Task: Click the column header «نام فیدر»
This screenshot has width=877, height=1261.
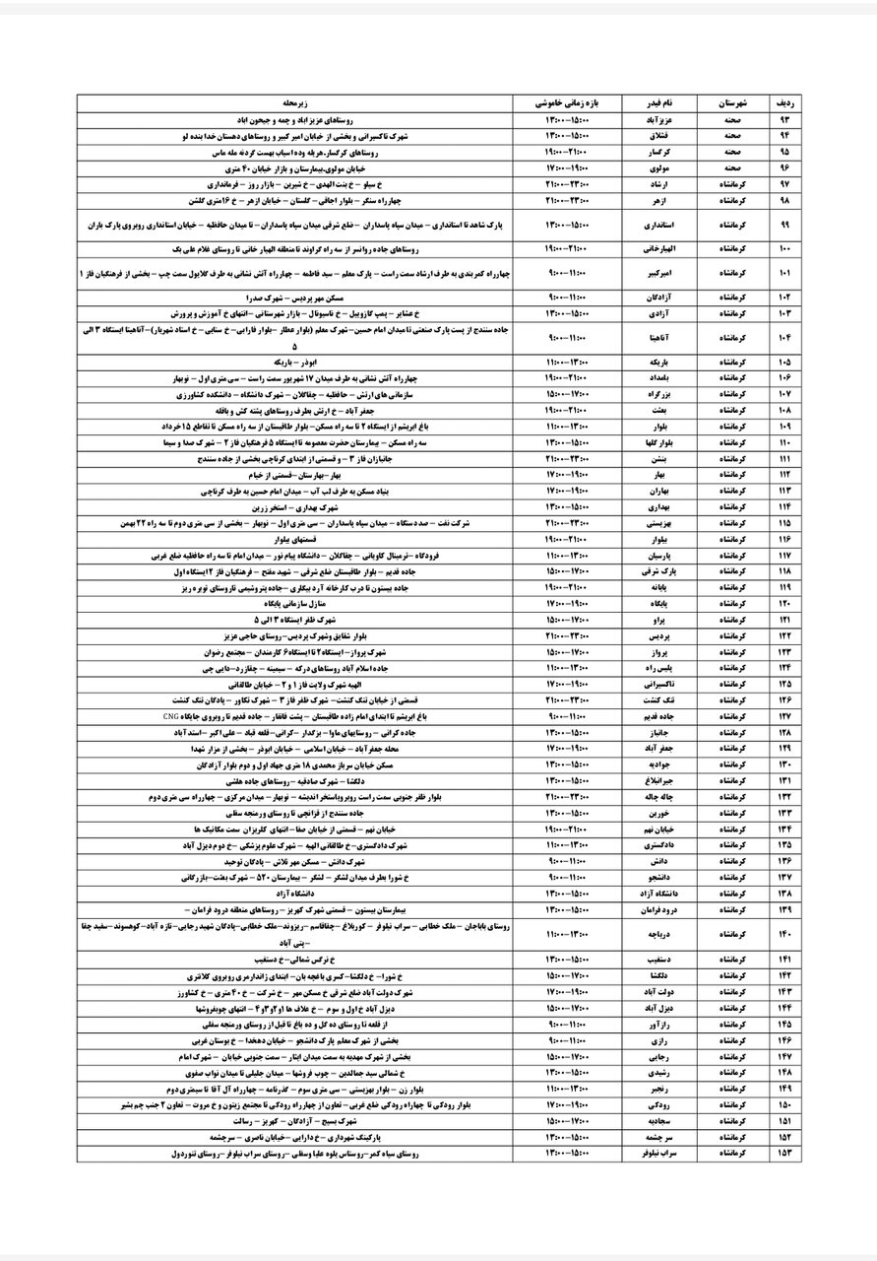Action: [x=660, y=102]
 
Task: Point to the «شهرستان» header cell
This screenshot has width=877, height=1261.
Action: [x=735, y=102]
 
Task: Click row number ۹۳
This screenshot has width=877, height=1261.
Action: [x=785, y=118]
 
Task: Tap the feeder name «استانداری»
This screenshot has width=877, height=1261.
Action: [x=660, y=225]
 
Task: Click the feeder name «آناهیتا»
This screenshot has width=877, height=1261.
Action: [x=660, y=335]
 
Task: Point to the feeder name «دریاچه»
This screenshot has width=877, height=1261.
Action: [x=660, y=934]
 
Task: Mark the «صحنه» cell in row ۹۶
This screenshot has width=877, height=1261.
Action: [x=735, y=168]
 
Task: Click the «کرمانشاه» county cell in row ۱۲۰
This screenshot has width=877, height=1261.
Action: [x=735, y=602]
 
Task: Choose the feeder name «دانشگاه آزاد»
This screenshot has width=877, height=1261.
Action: [x=660, y=893]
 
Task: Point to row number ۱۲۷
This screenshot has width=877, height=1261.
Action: [x=785, y=715]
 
